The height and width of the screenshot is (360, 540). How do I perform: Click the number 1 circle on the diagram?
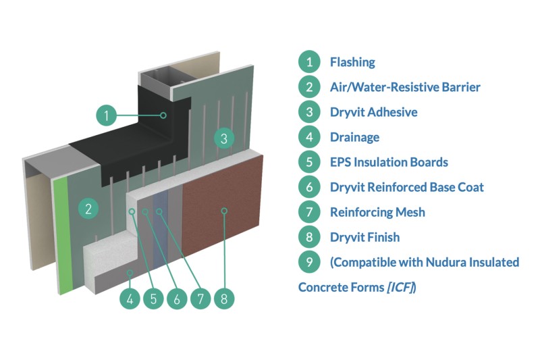107,115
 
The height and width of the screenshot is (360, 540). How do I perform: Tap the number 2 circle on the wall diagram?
88,207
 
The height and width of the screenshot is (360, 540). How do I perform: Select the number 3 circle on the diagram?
224,138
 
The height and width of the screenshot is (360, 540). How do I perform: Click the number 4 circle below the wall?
130,299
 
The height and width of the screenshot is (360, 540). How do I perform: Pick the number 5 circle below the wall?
153,299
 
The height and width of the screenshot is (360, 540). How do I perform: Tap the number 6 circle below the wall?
177,299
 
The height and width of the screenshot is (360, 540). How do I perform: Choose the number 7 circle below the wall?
200,299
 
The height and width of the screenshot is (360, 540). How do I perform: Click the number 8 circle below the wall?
224,299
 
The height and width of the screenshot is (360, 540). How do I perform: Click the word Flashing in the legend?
352,63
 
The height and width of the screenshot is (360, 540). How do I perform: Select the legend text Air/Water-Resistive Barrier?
405,87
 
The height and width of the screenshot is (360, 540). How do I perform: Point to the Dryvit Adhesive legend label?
373,112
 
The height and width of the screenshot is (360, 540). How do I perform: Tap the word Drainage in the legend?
354,137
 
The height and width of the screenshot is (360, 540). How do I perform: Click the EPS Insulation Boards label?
389,162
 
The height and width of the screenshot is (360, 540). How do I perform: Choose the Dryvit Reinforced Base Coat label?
406,187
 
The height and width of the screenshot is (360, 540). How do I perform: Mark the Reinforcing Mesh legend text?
377,212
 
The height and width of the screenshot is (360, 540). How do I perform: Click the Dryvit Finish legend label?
364,237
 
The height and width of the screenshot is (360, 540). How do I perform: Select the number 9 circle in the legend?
308,262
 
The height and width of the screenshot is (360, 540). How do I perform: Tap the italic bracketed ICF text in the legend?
400,288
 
